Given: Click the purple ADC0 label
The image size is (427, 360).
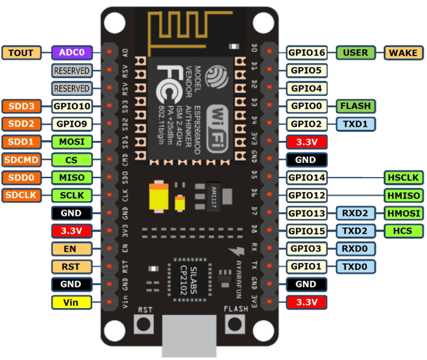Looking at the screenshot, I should tap(72, 53).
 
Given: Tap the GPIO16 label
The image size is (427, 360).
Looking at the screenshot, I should tap(308, 53).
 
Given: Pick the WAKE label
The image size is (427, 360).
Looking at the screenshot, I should tap(403, 53).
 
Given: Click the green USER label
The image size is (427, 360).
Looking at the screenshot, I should tap(356, 53).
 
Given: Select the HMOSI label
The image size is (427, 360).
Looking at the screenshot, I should tap(403, 213).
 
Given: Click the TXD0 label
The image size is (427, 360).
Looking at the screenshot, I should tap(356, 266).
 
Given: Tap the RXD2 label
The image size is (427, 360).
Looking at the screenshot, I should tap(356, 213).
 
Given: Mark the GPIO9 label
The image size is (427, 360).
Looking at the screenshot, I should tap(72, 124).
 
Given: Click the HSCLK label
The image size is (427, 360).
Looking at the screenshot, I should tap(403, 178).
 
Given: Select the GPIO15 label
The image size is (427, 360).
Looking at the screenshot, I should tap(308, 231).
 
